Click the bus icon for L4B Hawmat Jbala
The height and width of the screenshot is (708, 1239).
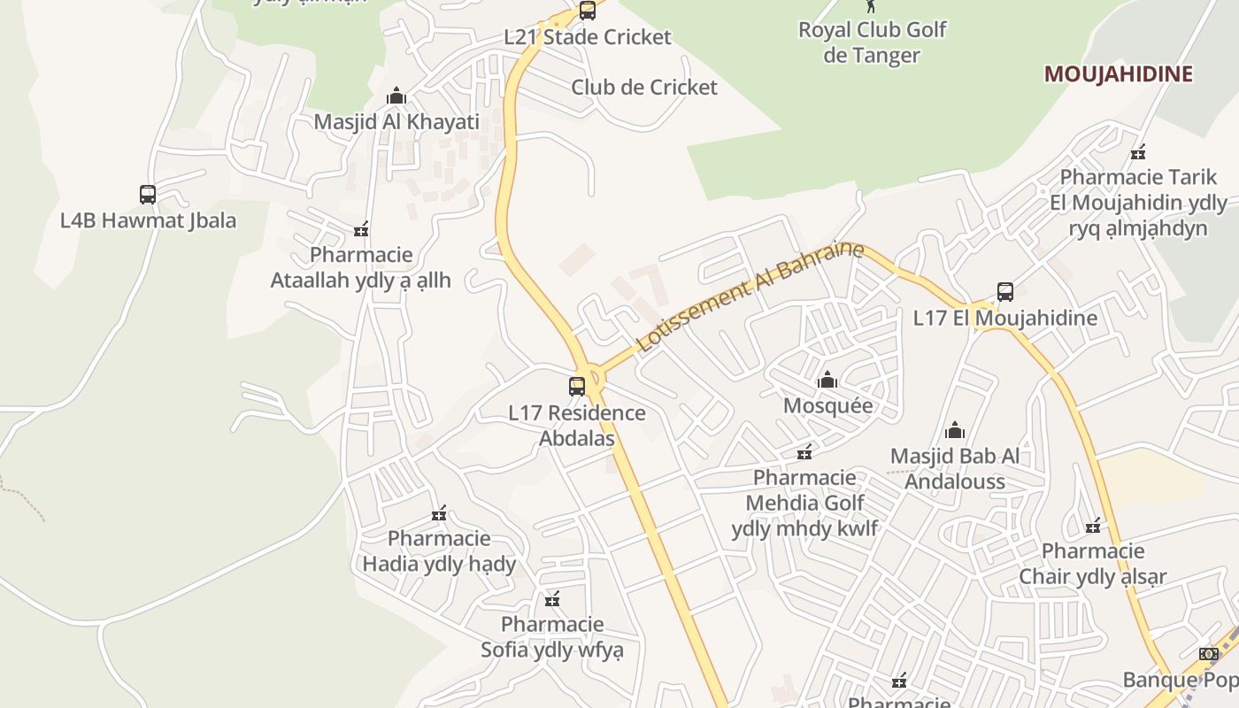point(148,194)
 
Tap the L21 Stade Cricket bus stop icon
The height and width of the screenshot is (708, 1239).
point(587,11)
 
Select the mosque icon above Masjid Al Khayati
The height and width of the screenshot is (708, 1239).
point(396,96)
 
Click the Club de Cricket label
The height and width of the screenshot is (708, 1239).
point(643,88)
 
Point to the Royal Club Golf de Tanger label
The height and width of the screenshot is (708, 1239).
point(872,42)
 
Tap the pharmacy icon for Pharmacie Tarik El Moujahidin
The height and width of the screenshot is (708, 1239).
point(1138,152)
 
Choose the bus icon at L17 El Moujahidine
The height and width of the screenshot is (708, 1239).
point(1004,292)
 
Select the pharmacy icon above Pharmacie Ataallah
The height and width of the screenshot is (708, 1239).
point(361,230)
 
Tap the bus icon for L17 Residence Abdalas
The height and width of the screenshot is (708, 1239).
point(577,387)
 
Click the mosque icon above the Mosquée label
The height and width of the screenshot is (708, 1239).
point(827,381)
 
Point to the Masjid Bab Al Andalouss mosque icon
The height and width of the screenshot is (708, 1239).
point(955,431)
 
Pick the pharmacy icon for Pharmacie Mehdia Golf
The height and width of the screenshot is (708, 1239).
point(804,453)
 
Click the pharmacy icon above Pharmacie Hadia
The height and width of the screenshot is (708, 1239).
point(439,513)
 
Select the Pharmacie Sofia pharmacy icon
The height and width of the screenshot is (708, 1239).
point(552,600)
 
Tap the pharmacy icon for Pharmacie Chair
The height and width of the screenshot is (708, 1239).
point(1093,526)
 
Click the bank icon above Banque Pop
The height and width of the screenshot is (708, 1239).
point(1208,654)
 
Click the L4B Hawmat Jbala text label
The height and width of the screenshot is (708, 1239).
point(148,220)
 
